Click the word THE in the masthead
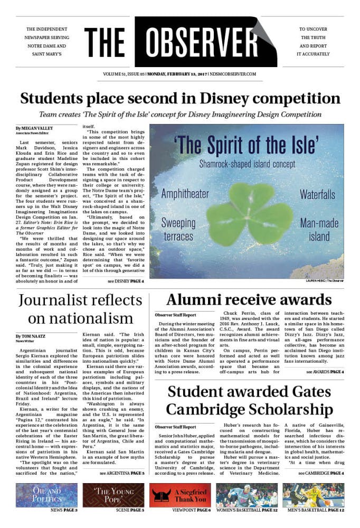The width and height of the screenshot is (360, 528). tap(105, 43)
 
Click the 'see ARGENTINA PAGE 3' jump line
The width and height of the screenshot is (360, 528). tap(121, 473)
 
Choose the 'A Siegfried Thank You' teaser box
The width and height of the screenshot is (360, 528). tap(180, 495)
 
